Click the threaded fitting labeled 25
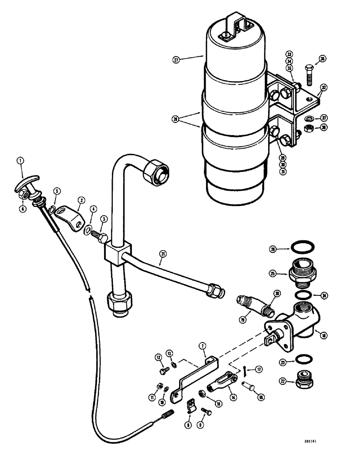[x=304, y=273]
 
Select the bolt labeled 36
[x=310, y=74]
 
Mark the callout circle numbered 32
[x=324, y=87]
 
